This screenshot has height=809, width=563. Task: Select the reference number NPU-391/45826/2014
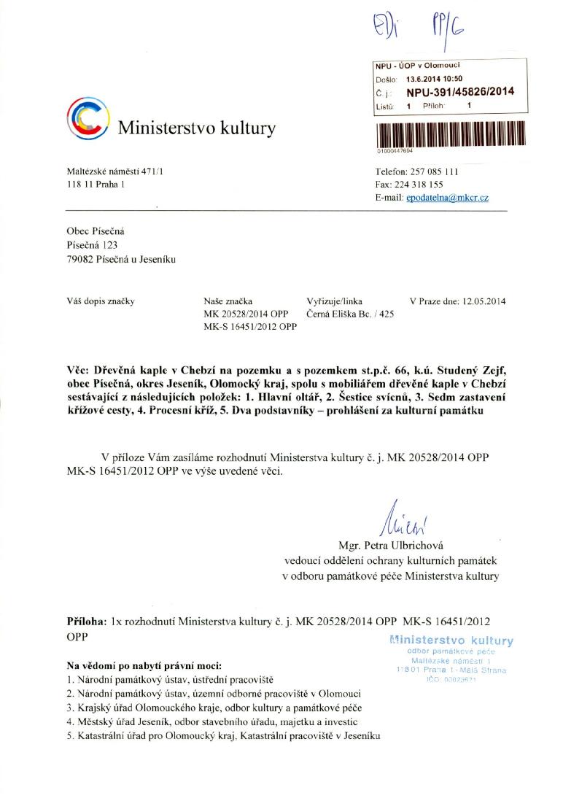click(460, 91)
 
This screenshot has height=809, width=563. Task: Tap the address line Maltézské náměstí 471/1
click(115, 172)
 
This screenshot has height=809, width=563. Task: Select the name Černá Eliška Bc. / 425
click(350, 314)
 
